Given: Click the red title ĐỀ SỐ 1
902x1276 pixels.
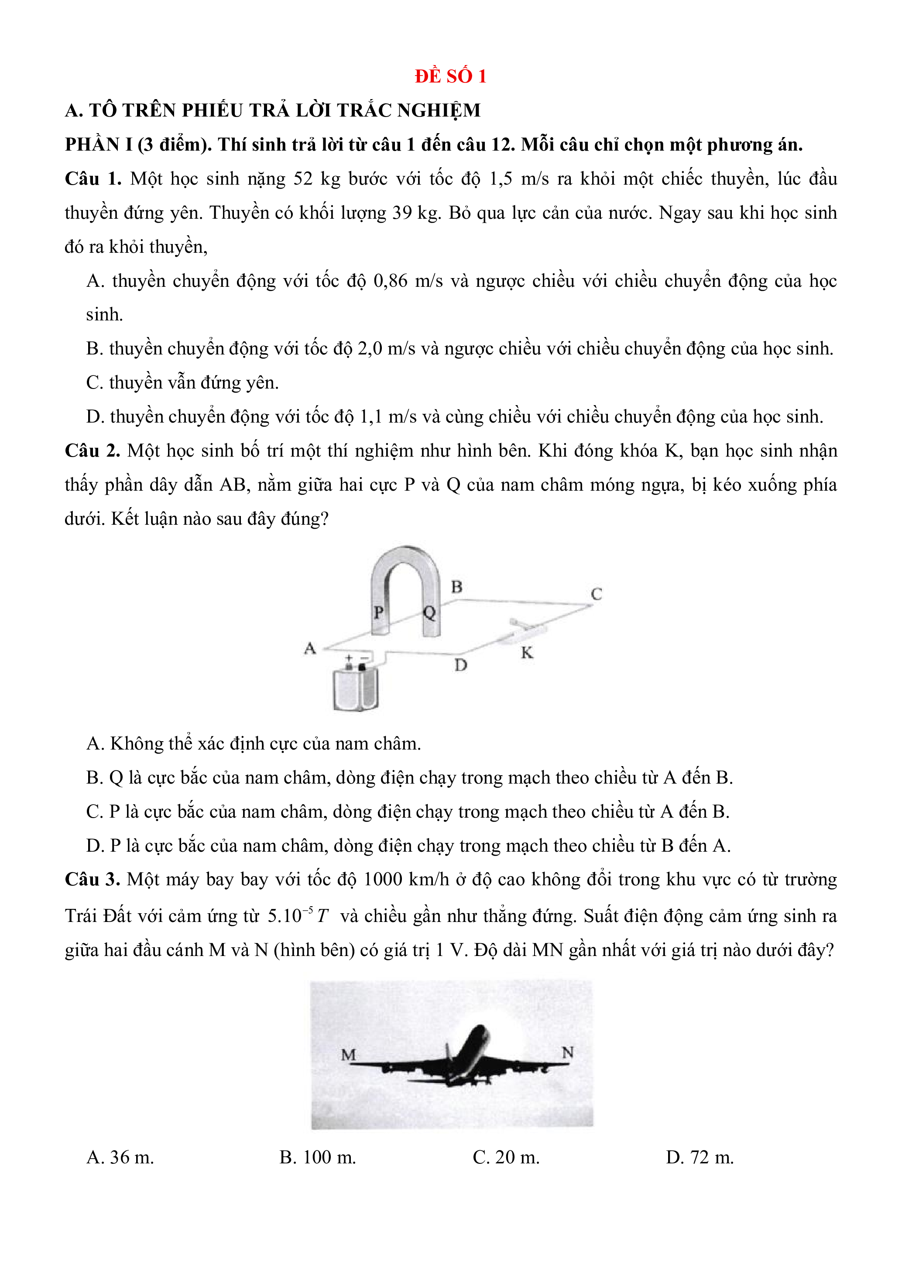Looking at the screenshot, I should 450,76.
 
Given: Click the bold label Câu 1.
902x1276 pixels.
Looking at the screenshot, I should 93,179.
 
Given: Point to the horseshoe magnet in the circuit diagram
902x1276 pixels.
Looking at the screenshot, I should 405,572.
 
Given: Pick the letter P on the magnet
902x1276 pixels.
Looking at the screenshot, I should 379,612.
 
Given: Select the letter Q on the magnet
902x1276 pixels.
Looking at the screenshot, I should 429,613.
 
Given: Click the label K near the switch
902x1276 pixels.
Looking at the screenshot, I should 527,653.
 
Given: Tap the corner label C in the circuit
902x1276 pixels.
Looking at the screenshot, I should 597,594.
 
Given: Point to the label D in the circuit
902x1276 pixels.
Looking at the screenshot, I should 460,665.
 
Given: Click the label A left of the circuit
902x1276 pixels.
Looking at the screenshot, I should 310,648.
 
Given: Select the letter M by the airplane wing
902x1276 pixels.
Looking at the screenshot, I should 348,1054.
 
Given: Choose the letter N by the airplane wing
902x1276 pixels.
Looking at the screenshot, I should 568,1052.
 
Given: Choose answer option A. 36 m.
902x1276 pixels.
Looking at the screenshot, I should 120,1158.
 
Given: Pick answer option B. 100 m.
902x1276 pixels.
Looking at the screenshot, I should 318,1158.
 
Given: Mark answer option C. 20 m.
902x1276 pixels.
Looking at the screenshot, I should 506,1158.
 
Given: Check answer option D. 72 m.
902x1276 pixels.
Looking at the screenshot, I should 700,1158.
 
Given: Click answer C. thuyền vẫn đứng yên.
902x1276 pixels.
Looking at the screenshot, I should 182,383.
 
